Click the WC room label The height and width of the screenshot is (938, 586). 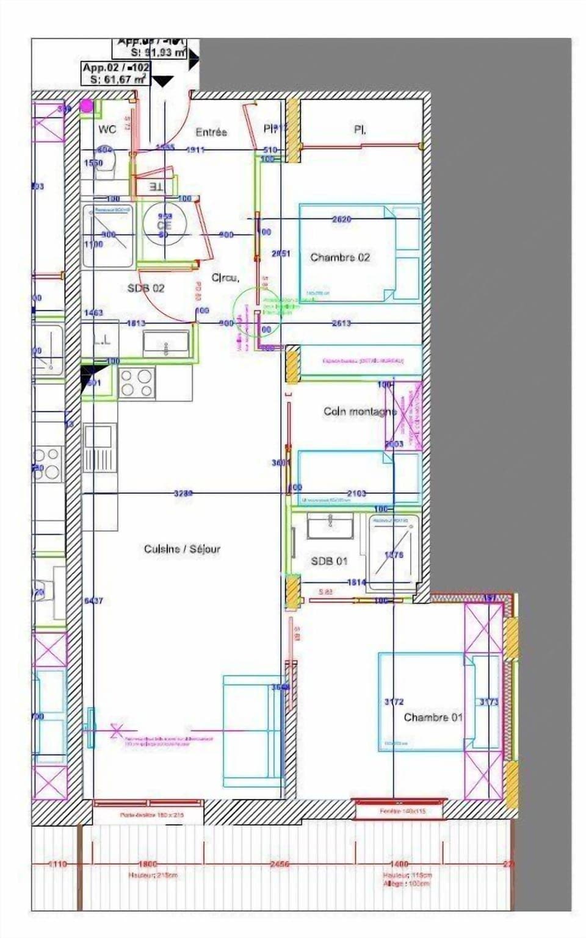[x=107, y=129]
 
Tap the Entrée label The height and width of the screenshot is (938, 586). [x=211, y=132]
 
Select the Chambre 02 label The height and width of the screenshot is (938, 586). [x=340, y=257]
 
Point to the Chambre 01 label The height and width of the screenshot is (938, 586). [x=433, y=717]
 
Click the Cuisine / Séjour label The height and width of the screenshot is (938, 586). [x=182, y=549]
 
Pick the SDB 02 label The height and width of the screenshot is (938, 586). [x=145, y=288]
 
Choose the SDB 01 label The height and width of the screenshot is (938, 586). [x=329, y=560]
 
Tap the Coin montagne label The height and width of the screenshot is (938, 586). [x=360, y=412]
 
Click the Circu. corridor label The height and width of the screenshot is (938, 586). [x=225, y=277]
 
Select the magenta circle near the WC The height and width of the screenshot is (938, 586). [x=87, y=106]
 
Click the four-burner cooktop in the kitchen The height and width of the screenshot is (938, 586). [x=137, y=383]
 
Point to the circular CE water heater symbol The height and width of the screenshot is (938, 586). [x=164, y=224]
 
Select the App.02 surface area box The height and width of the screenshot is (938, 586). [x=116, y=73]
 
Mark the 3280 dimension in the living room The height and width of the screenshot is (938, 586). [x=183, y=493]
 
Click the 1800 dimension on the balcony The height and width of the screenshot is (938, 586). [x=148, y=864]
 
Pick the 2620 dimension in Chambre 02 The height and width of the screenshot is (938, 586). [x=341, y=219]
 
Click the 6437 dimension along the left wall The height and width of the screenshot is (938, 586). [x=93, y=601]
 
